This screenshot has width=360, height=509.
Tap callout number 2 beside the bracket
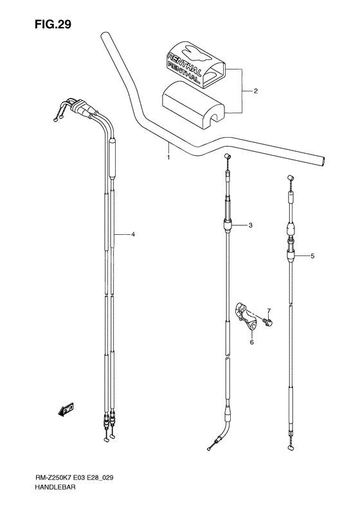click(x=255, y=91)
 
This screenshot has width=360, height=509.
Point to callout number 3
click(x=250, y=225)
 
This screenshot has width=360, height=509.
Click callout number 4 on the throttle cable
click(x=132, y=235)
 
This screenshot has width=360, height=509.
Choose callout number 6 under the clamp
click(x=252, y=342)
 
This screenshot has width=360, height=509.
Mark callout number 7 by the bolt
click(x=269, y=311)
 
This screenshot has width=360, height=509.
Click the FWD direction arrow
click(x=65, y=409)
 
